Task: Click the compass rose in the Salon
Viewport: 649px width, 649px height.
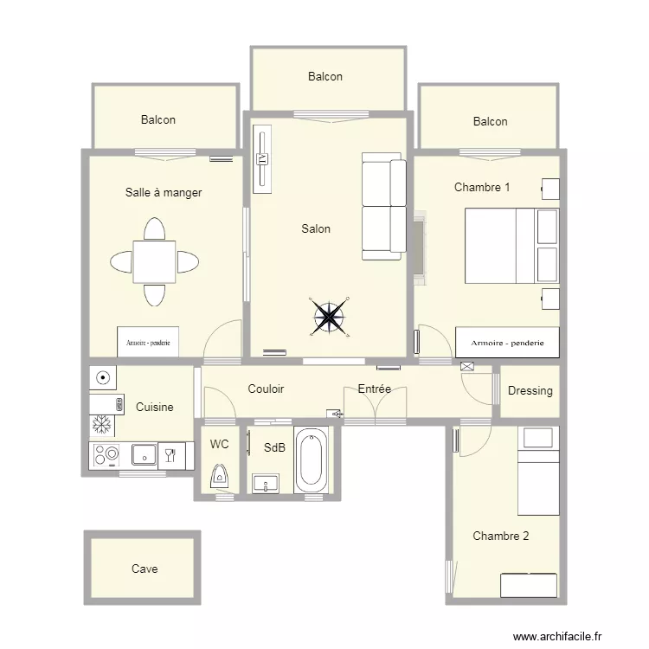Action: (x=329, y=317)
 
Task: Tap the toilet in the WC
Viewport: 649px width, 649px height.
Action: (x=220, y=476)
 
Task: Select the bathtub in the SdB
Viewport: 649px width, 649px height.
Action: (x=311, y=459)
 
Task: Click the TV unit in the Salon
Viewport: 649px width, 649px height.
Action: (x=262, y=159)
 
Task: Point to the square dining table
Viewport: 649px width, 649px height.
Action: (x=154, y=261)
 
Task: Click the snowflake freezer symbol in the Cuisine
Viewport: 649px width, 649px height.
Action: (x=102, y=425)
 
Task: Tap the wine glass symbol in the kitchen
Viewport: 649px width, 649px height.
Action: (x=171, y=456)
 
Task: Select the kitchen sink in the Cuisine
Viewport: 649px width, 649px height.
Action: (x=144, y=455)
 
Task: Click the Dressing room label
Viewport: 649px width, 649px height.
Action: (x=530, y=391)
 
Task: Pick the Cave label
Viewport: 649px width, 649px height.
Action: (x=145, y=569)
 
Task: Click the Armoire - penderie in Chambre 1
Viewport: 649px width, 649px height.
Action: (x=507, y=343)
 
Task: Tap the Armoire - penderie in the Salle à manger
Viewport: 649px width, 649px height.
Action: (x=148, y=342)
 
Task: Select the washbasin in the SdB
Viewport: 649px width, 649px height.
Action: (x=266, y=484)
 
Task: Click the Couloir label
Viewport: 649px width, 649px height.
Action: (x=266, y=389)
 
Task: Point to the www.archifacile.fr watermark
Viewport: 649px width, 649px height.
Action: (x=557, y=636)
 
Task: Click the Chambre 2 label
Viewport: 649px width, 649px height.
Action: (x=501, y=536)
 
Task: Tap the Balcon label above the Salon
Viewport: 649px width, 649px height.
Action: (x=325, y=76)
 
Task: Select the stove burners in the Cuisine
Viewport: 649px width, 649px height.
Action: (x=106, y=455)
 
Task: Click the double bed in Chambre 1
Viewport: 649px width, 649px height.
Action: (x=512, y=246)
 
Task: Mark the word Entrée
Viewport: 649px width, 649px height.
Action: (x=375, y=389)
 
